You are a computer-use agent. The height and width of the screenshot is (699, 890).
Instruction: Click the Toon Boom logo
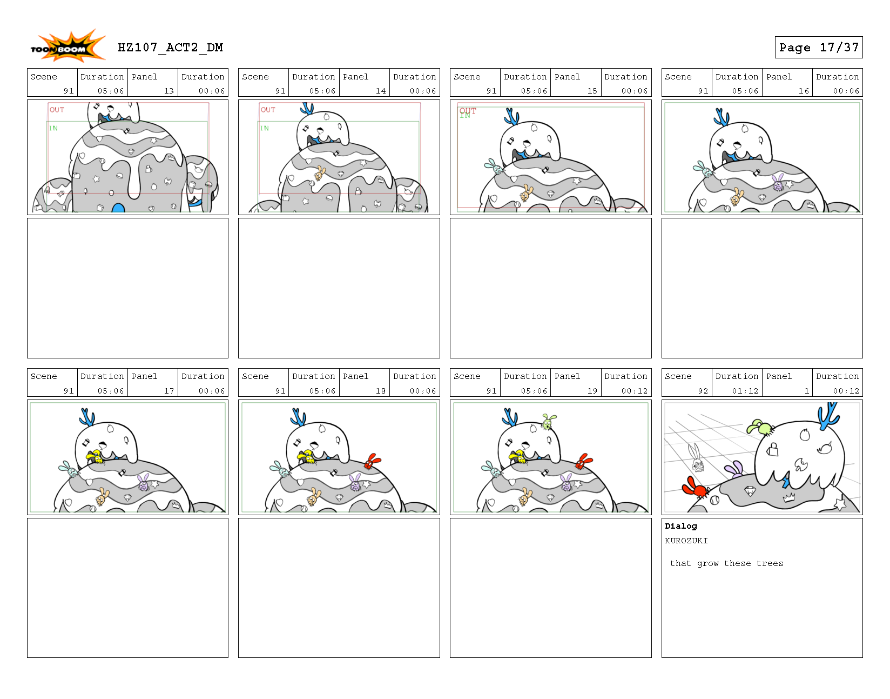pos(67,47)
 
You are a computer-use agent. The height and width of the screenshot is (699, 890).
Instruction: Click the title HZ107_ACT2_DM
pos(170,48)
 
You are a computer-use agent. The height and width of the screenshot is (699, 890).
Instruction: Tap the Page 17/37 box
pos(818,48)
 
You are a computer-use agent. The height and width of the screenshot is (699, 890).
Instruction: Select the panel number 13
pos(168,91)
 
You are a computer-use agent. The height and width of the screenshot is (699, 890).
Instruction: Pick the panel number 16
pos(804,91)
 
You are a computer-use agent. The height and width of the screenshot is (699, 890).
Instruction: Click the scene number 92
pos(703,391)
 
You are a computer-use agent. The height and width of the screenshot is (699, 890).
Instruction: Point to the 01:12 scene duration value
pos(745,391)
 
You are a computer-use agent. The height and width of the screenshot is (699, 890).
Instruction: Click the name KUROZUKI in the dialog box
pos(686,541)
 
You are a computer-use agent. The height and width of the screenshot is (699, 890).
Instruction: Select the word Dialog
pos(680,526)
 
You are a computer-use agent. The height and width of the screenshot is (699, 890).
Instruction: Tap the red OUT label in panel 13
pos(57,110)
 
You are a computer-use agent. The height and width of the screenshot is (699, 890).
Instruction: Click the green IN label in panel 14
pos(265,128)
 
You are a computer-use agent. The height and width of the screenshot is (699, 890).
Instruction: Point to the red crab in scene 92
pos(695,487)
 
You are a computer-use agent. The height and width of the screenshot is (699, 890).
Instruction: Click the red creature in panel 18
pos(371,461)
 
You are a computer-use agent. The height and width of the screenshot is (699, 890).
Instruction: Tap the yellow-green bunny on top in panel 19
pos(548,422)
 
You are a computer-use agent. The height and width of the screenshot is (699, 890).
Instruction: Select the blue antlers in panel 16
pos(722,117)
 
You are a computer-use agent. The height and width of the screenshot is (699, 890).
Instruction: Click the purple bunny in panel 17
pos(143,483)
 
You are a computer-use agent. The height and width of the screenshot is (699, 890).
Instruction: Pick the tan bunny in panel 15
pos(525,192)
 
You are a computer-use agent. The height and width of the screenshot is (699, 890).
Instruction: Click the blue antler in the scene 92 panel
pos(827,416)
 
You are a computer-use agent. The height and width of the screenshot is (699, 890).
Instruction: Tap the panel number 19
pos(592,391)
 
